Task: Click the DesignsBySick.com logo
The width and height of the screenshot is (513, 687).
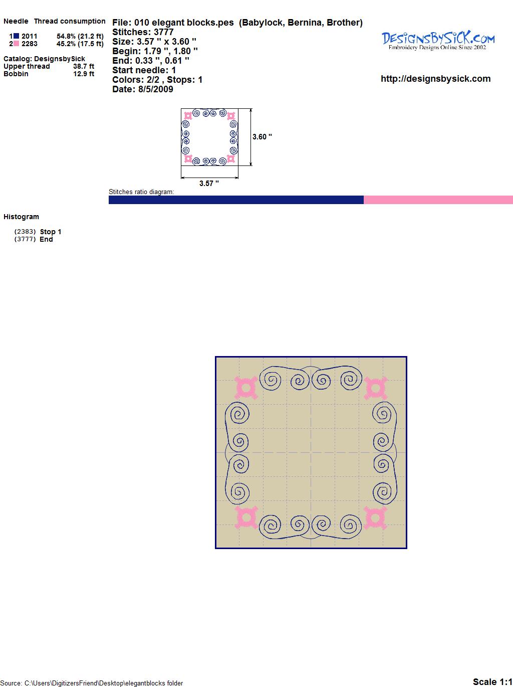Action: point(438,41)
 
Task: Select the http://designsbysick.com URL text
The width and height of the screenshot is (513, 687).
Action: point(435,79)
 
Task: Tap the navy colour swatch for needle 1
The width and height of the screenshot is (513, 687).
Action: point(17,36)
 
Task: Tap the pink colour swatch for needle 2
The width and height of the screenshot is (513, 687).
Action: point(17,44)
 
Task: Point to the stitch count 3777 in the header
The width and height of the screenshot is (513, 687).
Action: point(163,32)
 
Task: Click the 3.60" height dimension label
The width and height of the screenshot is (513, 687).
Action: point(262,137)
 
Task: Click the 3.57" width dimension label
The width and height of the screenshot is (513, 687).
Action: point(209,184)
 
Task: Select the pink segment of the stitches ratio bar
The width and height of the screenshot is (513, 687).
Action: point(438,200)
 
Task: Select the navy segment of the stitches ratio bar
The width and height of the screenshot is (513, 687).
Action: point(236,200)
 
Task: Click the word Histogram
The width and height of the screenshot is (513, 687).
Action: point(21,217)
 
